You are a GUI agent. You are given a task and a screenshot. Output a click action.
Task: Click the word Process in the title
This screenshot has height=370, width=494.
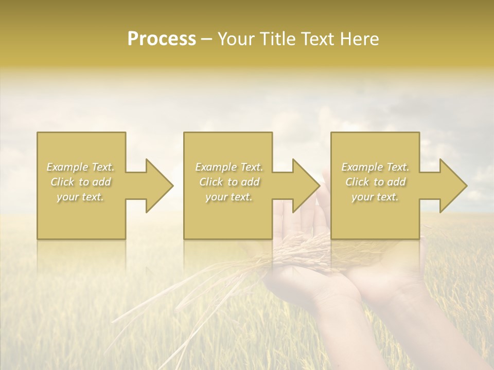(x=162, y=39)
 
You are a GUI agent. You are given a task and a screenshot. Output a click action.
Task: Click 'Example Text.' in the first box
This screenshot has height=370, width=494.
(x=80, y=167)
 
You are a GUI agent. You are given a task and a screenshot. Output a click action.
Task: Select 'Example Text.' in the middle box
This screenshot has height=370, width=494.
(x=228, y=167)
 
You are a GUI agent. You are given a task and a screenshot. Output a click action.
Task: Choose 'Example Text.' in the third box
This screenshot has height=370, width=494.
(x=375, y=167)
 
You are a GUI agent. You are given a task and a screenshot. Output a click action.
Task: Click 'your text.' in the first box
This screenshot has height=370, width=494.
(x=80, y=197)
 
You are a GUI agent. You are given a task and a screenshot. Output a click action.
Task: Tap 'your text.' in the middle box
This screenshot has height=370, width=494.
(x=228, y=197)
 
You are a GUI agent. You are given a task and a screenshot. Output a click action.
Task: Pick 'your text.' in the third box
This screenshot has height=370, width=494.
(x=375, y=197)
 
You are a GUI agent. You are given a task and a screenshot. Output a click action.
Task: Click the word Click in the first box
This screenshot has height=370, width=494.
(x=62, y=182)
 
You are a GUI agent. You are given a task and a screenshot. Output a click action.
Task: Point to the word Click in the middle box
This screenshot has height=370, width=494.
(x=211, y=182)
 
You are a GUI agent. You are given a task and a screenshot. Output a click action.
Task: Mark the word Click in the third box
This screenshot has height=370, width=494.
(x=357, y=182)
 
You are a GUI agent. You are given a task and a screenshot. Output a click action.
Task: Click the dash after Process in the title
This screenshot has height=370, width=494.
(x=207, y=40)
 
